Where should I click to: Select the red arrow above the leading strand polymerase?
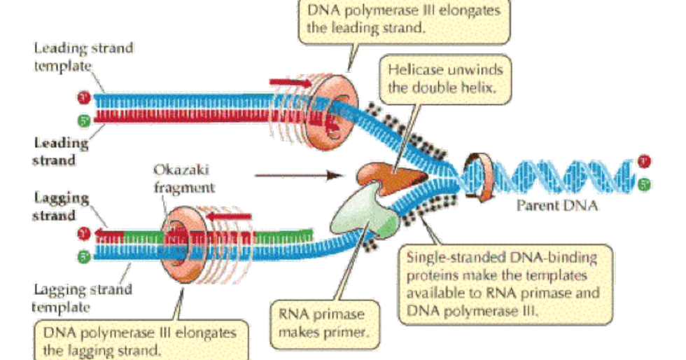click(288, 83)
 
